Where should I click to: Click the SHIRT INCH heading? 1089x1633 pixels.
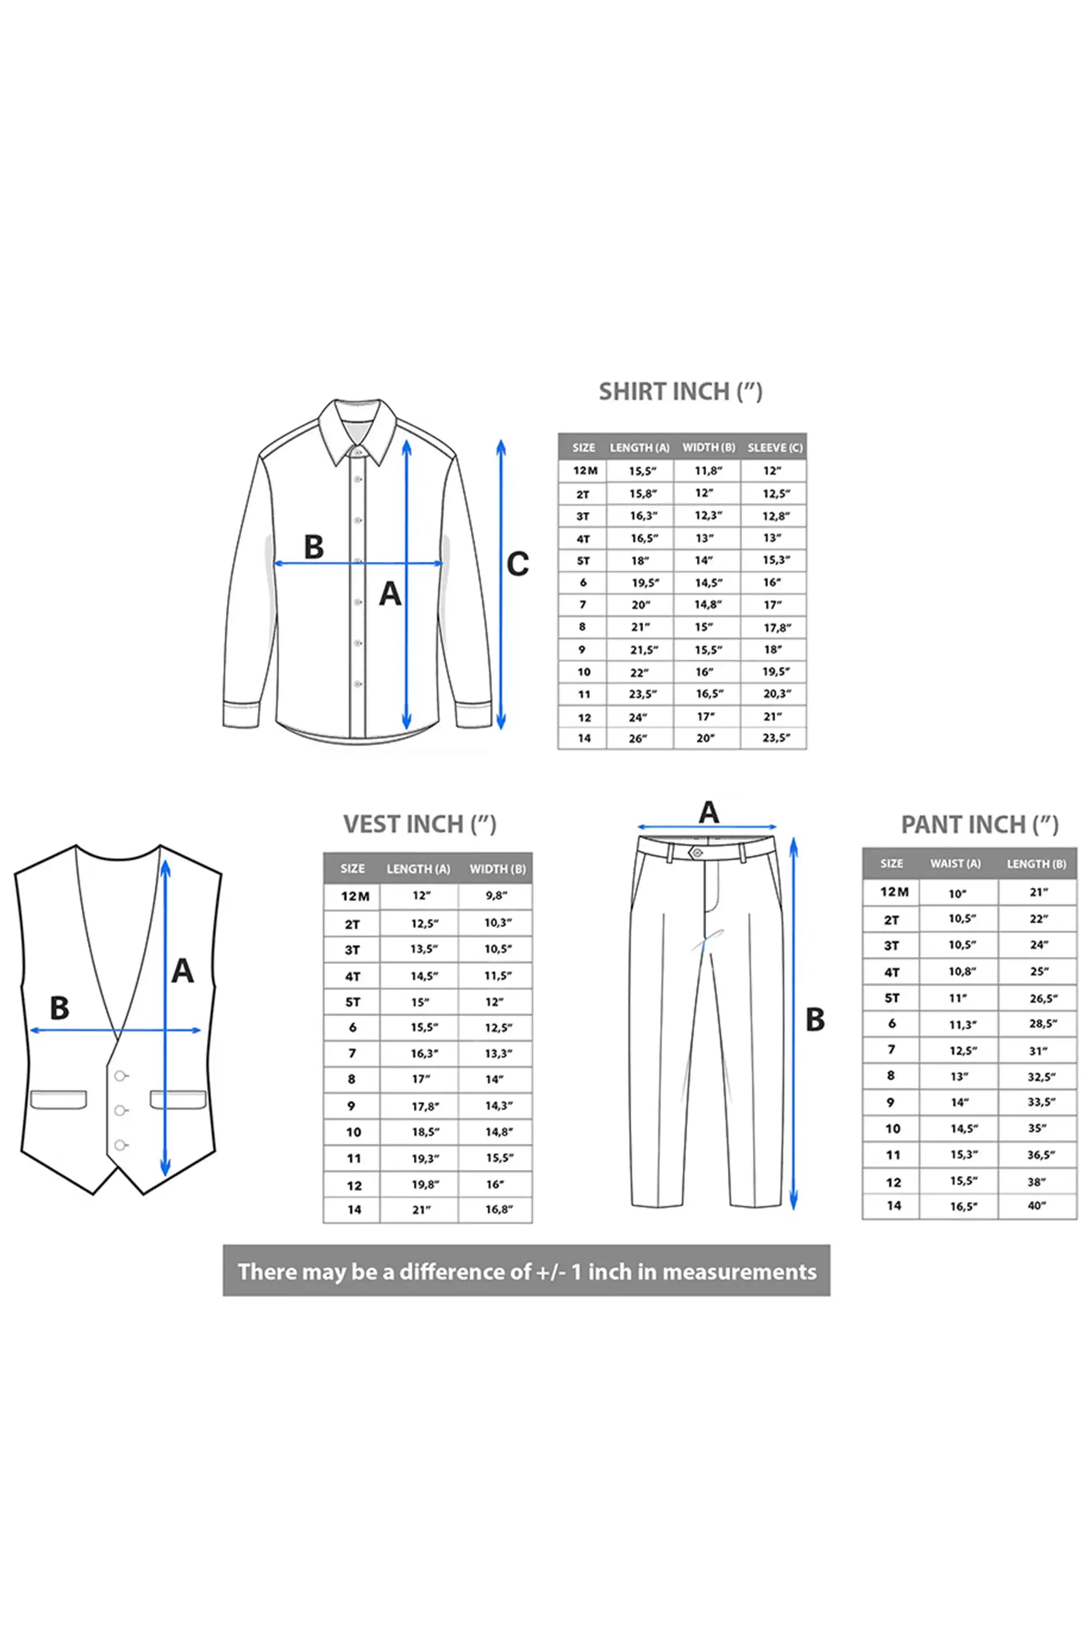[x=681, y=391]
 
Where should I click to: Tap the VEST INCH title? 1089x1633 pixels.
[x=419, y=824]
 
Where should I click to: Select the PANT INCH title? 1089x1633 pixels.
[x=979, y=824]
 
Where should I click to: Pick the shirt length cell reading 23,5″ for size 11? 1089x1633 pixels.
[x=643, y=693]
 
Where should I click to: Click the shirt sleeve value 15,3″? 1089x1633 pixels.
[x=776, y=560]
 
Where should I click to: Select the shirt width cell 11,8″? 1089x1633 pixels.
[x=708, y=471]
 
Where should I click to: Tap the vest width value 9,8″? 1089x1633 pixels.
[x=497, y=895]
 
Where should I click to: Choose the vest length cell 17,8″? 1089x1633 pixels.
[x=424, y=1107]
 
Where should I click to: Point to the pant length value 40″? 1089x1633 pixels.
[x=1037, y=1206]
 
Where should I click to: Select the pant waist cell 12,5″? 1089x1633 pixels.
[x=963, y=1051]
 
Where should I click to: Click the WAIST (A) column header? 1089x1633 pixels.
[x=956, y=864]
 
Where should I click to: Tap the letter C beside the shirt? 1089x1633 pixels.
[x=517, y=564]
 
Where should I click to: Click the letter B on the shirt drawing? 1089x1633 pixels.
[x=314, y=547]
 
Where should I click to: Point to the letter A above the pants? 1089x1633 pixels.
[x=708, y=812]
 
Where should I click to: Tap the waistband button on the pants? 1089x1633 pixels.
[x=696, y=852]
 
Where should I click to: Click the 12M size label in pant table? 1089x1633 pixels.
[x=895, y=892]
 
